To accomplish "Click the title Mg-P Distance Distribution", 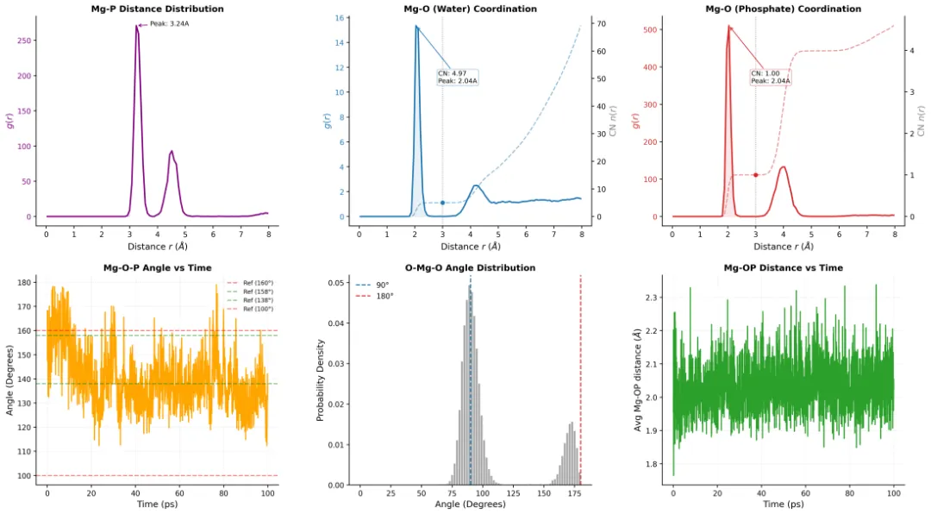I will coord(157,9).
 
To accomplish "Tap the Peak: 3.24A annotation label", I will coord(169,24).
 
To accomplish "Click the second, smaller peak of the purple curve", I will coord(172,152).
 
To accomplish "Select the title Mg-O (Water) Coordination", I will coord(470,9).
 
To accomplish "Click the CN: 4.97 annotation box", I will coord(458,78).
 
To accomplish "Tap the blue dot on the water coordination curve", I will coord(442,203).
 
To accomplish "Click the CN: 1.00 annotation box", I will coord(770,78).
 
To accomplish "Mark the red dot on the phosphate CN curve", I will coord(755,175).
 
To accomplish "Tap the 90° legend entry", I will coord(380,284).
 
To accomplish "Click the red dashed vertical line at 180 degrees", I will coord(580,379).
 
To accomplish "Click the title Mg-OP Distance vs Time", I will coord(783,268).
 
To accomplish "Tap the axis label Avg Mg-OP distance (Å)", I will coord(639,380).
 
